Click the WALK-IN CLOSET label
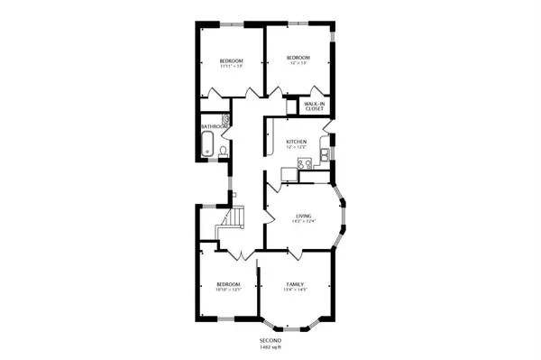[314, 106]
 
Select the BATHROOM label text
[214, 126]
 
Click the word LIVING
[303, 217]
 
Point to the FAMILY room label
[296, 283]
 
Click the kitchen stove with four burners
[306, 163]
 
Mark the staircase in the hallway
[234, 220]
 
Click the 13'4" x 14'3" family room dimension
[296, 290]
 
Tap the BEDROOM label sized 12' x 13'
[298, 59]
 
